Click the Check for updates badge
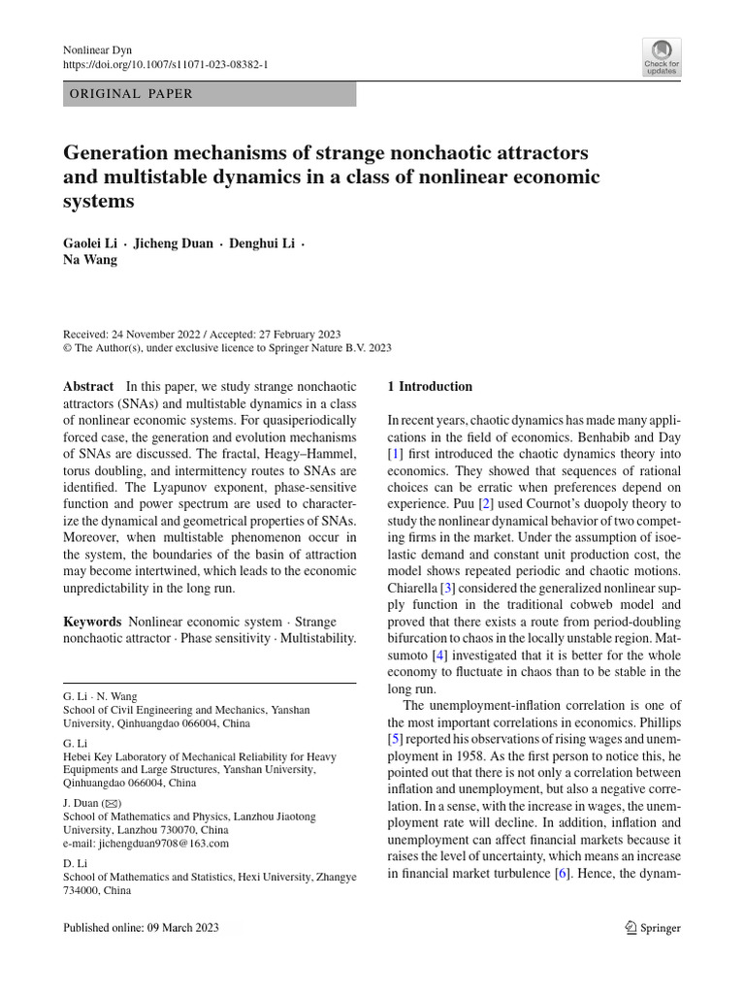[662, 57]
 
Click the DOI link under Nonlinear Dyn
[165, 64]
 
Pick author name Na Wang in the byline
[90, 259]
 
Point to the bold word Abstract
[88, 386]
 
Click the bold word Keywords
[92, 621]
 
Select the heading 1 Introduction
[430, 386]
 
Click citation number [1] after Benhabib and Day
[395, 453]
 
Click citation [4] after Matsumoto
[439, 656]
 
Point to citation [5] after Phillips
[395, 739]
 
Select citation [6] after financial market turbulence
[561, 874]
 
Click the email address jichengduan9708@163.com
[167, 844]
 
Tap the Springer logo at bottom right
[653, 928]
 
